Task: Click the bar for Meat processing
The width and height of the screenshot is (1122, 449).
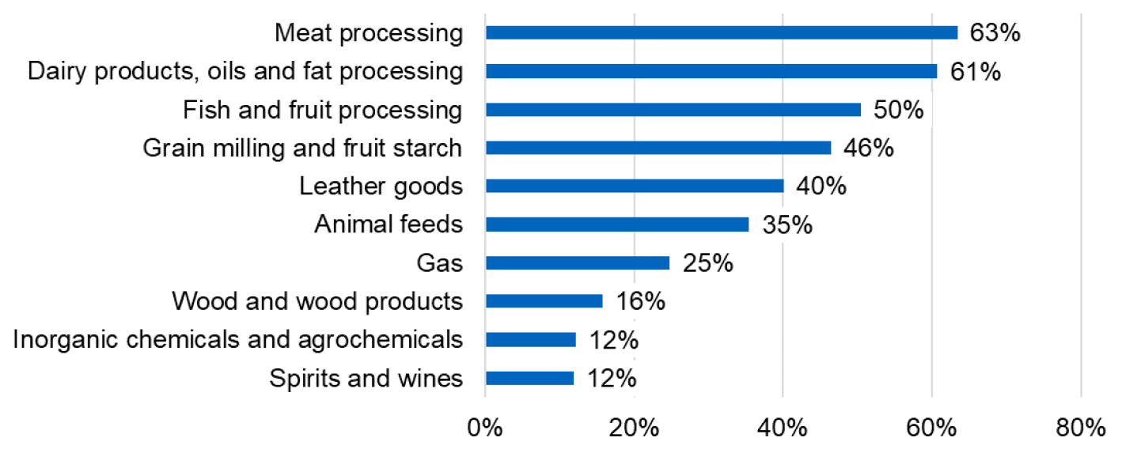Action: [721, 32]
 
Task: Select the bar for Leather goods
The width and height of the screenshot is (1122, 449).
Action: [634, 187]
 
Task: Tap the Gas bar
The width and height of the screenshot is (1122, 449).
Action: [577, 263]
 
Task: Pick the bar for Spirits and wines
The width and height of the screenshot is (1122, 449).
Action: [529, 378]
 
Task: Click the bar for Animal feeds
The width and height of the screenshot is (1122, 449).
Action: [616, 224]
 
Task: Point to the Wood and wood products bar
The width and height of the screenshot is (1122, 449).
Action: [544, 301]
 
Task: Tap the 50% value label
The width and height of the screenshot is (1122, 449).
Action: [899, 110]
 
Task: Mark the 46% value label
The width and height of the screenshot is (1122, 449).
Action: [869, 148]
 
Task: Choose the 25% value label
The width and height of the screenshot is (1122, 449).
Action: [708, 263]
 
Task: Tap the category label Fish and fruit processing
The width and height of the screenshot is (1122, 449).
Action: [322, 110]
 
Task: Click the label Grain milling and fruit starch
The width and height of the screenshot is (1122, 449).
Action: [302, 148]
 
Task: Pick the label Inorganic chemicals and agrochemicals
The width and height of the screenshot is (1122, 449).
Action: [237, 339]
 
